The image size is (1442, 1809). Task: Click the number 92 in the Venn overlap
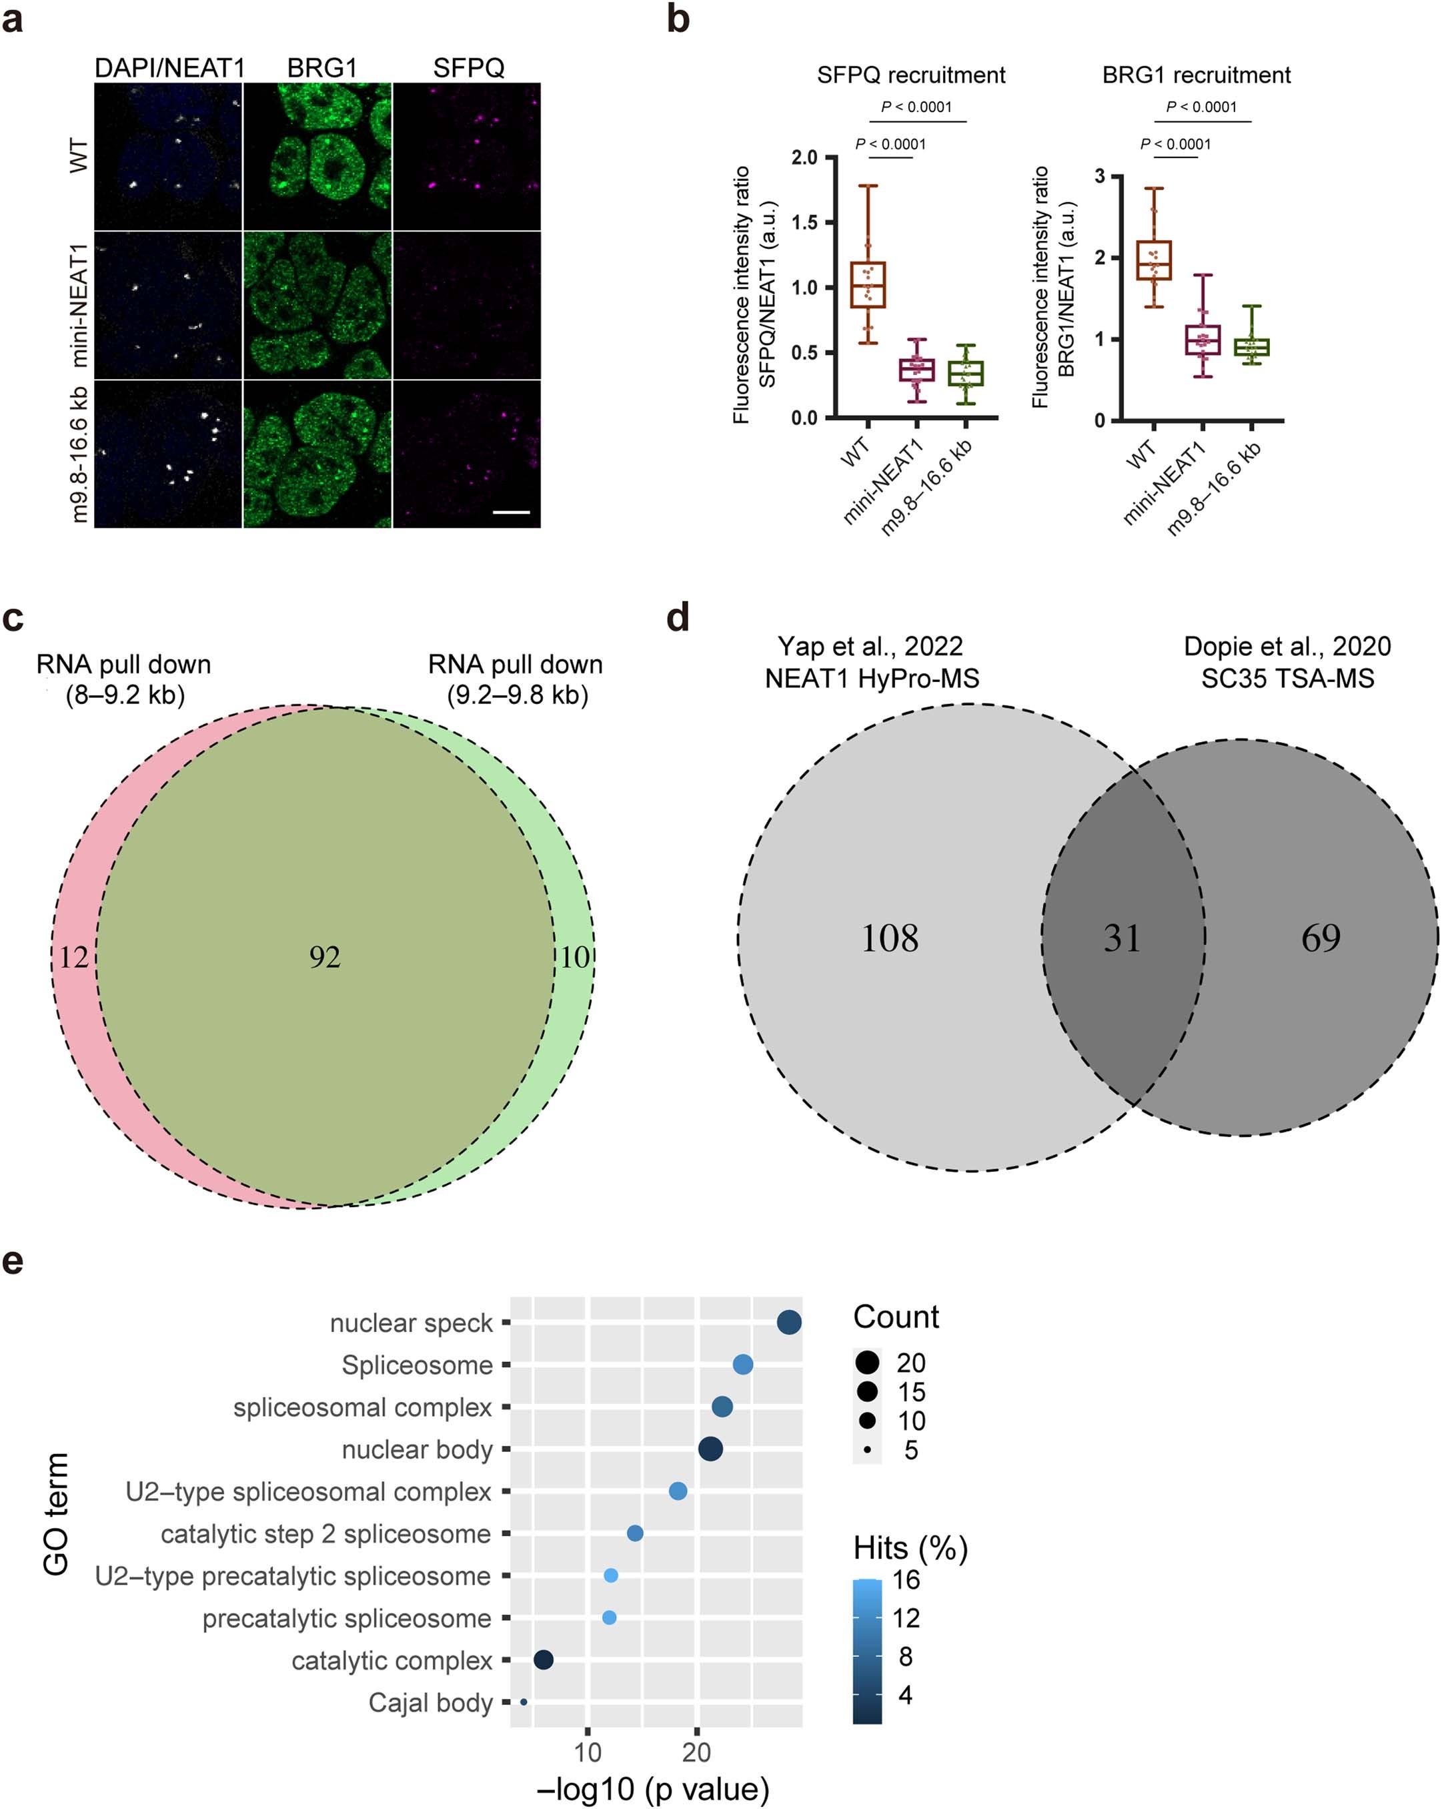325,958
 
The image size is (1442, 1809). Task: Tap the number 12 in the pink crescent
73,958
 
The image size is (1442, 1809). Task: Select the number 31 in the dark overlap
1122,938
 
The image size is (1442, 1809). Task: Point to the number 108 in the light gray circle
889,938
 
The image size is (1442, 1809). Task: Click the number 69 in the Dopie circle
1321,938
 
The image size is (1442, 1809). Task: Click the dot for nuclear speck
788,1323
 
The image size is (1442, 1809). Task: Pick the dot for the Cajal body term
524,1702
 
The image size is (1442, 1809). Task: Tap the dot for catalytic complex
543,1660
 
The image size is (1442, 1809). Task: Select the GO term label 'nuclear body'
417,1450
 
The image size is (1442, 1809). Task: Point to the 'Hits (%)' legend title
910,1548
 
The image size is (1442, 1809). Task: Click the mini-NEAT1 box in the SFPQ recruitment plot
917,370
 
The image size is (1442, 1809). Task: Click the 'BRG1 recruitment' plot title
1195,75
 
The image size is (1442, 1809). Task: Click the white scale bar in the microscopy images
511,511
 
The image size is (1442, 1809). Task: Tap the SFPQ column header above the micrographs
468,68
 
